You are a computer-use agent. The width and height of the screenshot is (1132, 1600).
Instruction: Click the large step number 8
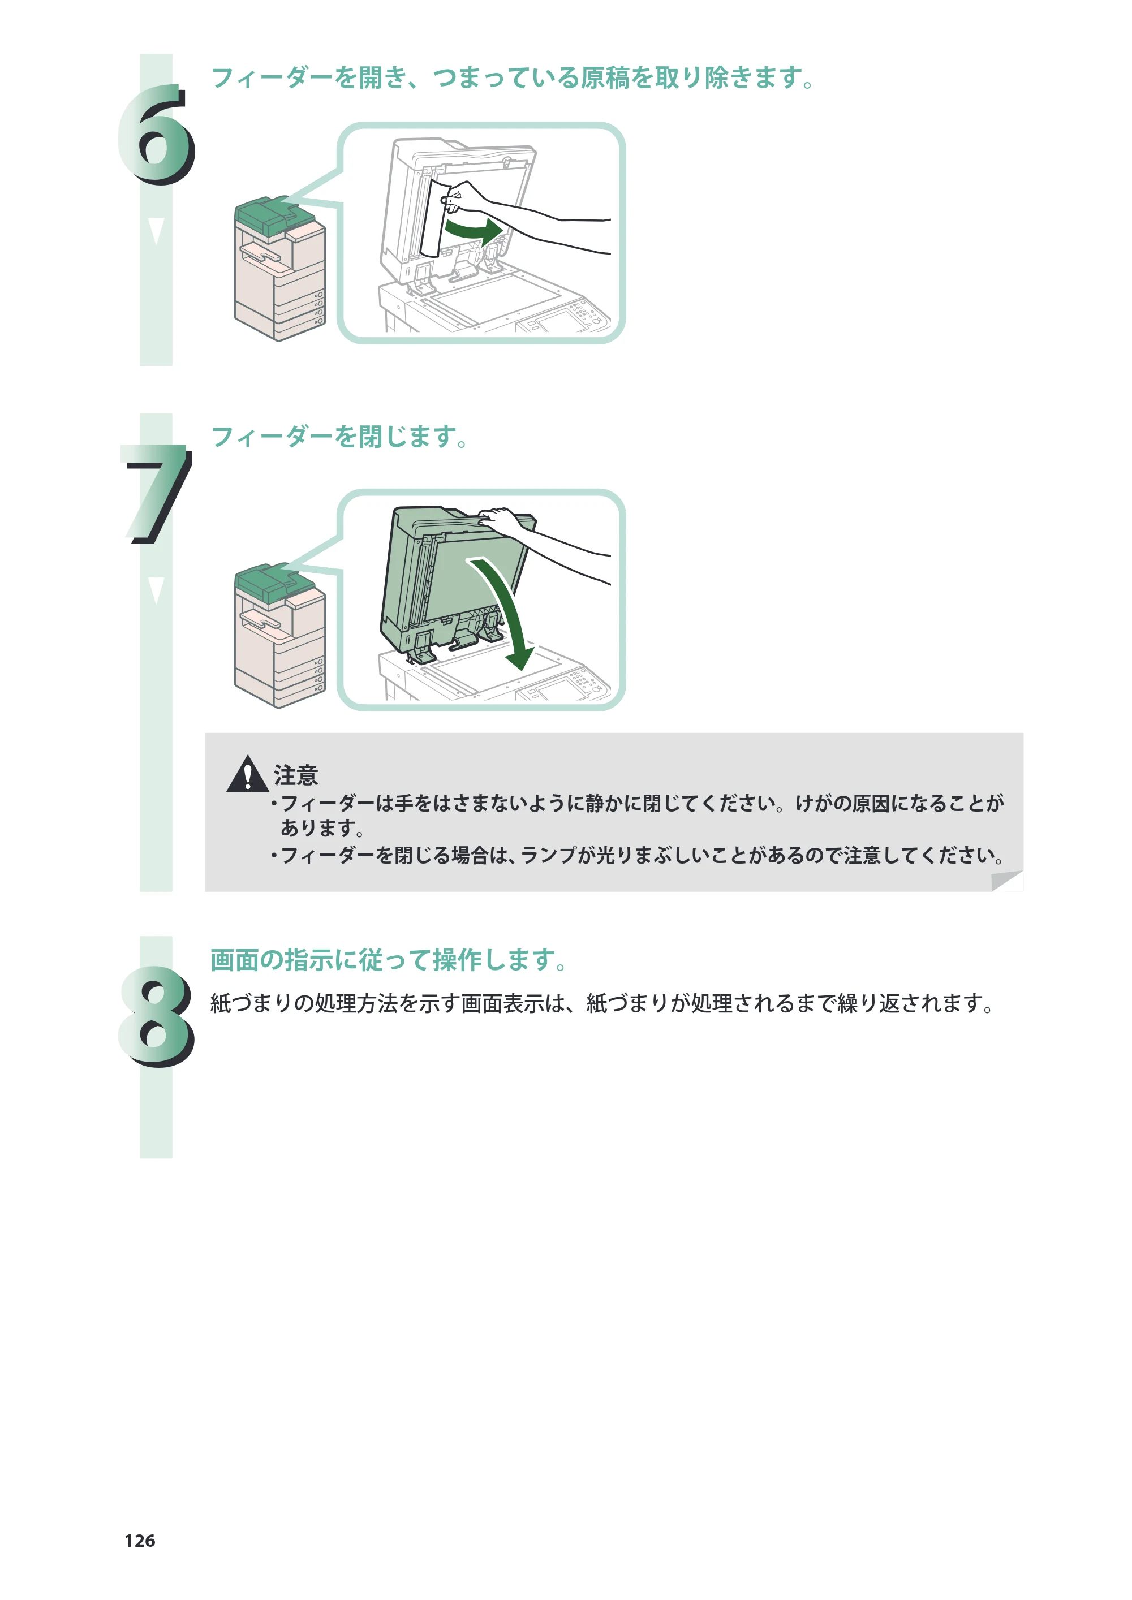click(156, 1016)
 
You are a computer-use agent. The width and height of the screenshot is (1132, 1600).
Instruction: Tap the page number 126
click(140, 1541)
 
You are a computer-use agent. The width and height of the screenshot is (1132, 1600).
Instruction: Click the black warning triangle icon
click(247, 775)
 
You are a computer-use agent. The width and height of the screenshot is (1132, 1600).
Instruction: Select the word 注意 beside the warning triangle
click(295, 775)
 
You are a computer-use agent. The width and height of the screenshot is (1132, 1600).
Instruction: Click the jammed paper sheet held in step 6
click(435, 218)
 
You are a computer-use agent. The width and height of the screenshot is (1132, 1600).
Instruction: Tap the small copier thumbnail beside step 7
click(280, 636)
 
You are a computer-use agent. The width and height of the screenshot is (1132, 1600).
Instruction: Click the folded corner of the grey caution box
click(1006, 881)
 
